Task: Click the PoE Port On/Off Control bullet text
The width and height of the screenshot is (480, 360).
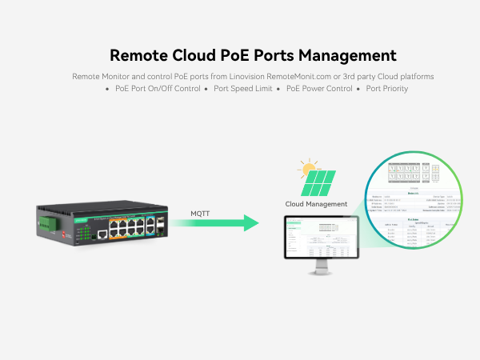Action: pyautogui.click(x=158, y=89)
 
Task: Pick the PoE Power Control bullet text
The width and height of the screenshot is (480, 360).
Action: pyautogui.click(x=319, y=89)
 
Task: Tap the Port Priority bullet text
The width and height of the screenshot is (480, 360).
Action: pyautogui.click(x=387, y=89)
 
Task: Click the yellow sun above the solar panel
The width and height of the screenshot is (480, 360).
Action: pyautogui.click(x=306, y=169)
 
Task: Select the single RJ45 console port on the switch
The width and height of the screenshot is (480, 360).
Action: pyautogui.click(x=102, y=235)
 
